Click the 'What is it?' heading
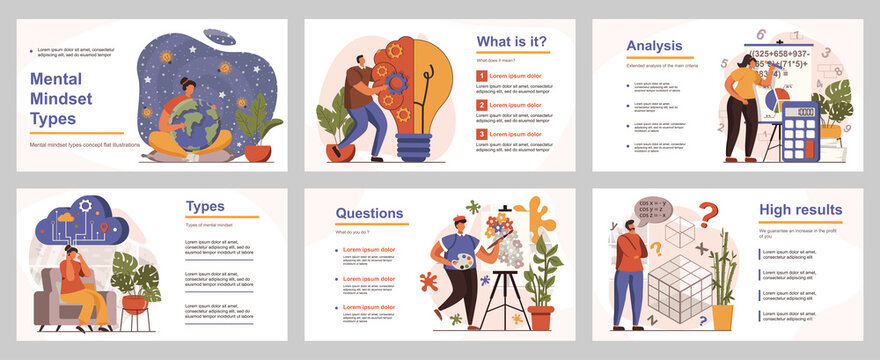pyautogui.click(x=511, y=42)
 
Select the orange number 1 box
pyautogui.click(x=481, y=75)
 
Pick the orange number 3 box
pyautogui.click(x=481, y=133)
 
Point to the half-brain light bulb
pyautogui.click(x=413, y=95)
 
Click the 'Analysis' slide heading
pyautogui.click(x=654, y=45)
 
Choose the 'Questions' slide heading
pyautogui.click(x=369, y=213)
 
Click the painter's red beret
pyautogui.click(x=459, y=218)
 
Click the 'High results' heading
pyautogui.click(x=800, y=210)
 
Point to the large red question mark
pyautogui.click(x=708, y=213)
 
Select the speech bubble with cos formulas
pyautogui.click(x=650, y=208)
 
